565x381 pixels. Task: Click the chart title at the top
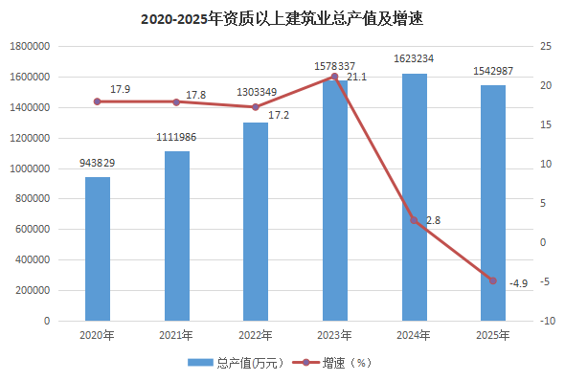[x=282, y=19]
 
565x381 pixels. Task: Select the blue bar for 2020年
[x=98, y=249]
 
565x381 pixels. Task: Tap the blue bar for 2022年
[x=256, y=221]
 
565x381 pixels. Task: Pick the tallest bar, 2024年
[x=415, y=197]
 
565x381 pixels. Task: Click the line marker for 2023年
[x=334, y=77]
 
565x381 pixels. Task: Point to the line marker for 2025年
[x=493, y=280]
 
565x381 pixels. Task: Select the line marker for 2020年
[x=98, y=101]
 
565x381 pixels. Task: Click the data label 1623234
[x=414, y=58]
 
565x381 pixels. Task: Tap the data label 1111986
[x=176, y=137]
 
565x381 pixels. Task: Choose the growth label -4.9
[x=518, y=283]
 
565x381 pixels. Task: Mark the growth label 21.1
[x=357, y=78]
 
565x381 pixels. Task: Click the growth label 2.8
[x=433, y=220]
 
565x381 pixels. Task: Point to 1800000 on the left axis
[x=30, y=47]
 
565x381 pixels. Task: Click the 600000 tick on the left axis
[x=33, y=230]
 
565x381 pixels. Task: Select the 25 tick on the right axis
[x=546, y=46]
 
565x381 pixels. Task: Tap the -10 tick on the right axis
[x=547, y=321]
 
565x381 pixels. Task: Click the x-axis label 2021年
[x=176, y=336]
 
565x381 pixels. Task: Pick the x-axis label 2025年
[x=493, y=336]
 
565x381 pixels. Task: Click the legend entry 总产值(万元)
[x=236, y=363]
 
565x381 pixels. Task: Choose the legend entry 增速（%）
[x=331, y=363]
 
